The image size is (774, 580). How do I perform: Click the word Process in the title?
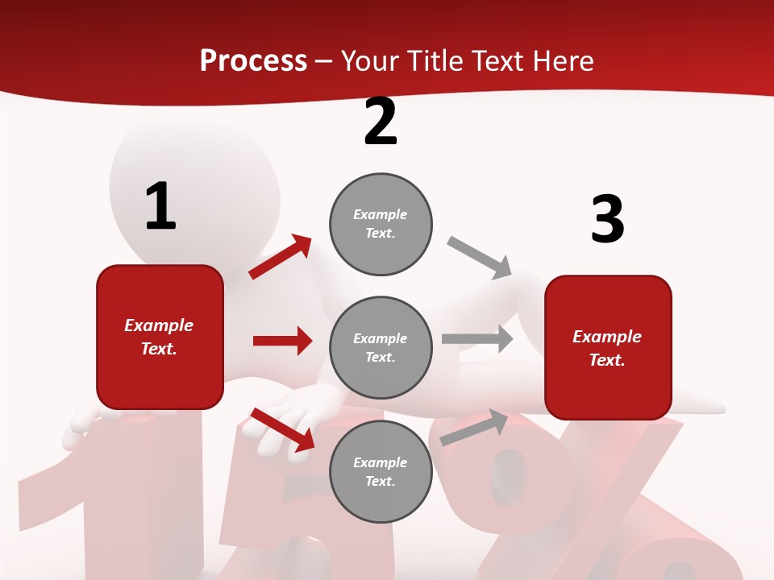click(253, 61)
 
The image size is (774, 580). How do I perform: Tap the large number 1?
click(160, 206)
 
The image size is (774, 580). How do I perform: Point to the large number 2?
click(381, 122)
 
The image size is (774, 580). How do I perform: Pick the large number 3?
click(607, 219)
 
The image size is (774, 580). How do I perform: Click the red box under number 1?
click(160, 337)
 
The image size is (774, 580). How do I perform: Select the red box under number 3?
click(608, 348)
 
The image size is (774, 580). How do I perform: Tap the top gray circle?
click(381, 224)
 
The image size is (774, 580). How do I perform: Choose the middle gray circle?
click(381, 347)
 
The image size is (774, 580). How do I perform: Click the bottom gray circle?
click(381, 471)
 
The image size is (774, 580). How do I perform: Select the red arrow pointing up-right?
click(281, 256)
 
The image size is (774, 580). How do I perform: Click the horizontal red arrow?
click(282, 341)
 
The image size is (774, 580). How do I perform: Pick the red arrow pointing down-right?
click(282, 429)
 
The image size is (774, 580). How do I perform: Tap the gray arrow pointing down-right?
click(480, 257)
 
